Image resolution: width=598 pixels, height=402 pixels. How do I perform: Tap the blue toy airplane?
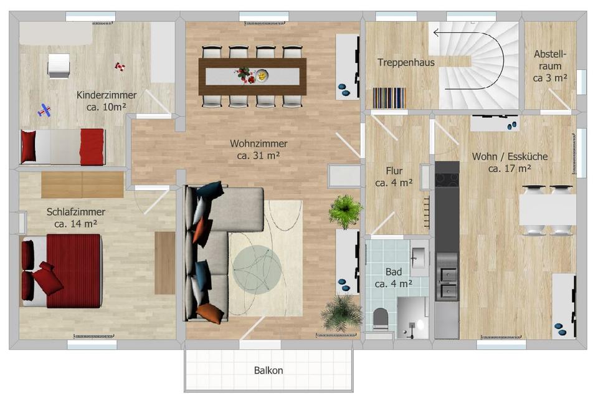click(x=44, y=111)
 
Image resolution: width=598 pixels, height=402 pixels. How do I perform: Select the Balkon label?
click(x=268, y=370)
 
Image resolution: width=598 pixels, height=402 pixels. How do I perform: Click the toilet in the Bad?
click(x=381, y=319)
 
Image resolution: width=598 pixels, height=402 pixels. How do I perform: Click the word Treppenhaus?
click(x=406, y=62)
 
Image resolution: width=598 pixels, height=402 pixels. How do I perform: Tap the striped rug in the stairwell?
click(x=389, y=98)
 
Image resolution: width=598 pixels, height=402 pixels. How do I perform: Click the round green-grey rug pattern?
click(x=257, y=269)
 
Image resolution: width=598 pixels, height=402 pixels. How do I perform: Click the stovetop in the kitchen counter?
click(x=446, y=179)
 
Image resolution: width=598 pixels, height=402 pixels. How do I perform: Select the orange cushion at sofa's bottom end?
click(x=210, y=313)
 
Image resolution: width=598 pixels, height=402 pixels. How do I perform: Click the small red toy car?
click(x=119, y=65)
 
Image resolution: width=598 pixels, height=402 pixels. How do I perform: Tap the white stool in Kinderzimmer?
click(x=59, y=65)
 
